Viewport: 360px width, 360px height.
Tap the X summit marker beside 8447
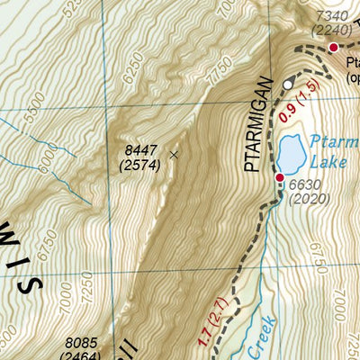[x=174, y=155]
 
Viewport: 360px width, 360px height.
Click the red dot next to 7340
[x=332, y=47]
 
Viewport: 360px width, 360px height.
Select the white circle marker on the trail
[x=288, y=84]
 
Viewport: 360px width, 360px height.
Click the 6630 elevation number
[x=304, y=185]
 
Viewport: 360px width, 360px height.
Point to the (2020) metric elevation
[x=304, y=199]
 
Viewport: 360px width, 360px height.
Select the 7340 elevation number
[x=331, y=17]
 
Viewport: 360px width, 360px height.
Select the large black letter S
[x=27, y=285]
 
